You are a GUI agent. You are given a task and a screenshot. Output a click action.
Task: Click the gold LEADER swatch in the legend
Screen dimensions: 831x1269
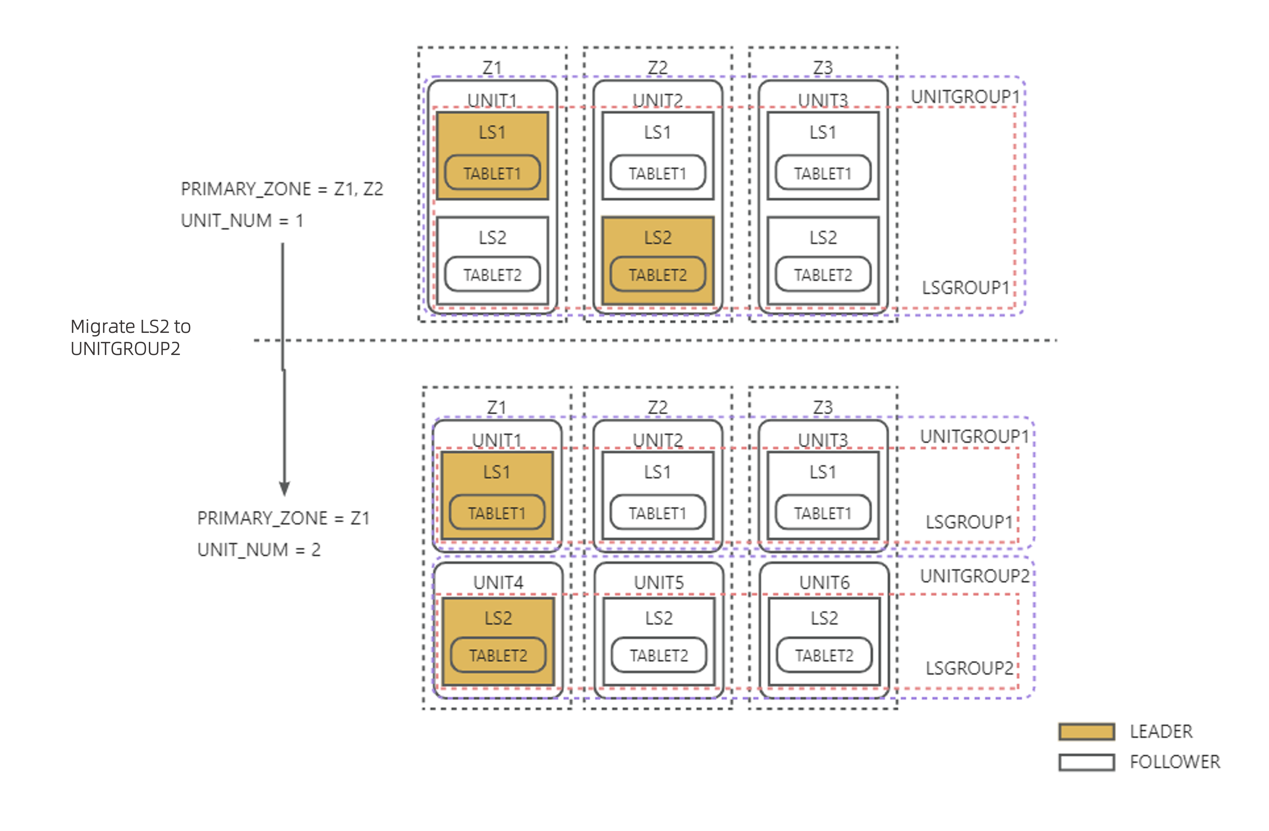[1086, 731]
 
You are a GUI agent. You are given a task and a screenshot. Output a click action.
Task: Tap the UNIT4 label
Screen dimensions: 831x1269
[498, 583]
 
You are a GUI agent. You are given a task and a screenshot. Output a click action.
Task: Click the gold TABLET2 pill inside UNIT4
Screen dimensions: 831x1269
[498, 655]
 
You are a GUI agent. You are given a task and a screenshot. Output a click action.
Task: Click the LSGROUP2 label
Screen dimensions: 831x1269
[969, 668]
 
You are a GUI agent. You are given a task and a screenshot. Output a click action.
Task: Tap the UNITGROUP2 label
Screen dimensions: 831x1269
[975, 576]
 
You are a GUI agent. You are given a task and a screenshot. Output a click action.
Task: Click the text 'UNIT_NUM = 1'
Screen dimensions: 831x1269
[242, 220]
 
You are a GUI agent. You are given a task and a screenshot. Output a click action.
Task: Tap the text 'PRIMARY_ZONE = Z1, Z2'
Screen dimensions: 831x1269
[282, 189]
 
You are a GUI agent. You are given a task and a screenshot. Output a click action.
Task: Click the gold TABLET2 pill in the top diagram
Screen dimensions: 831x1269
[657, 275]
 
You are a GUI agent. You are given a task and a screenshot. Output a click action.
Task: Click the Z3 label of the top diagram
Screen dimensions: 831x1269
[823, 68]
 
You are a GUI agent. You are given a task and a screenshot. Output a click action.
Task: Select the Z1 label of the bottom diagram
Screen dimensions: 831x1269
[497, 408]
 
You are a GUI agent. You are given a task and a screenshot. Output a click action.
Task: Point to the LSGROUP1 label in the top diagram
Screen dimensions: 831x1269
[966, 288]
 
